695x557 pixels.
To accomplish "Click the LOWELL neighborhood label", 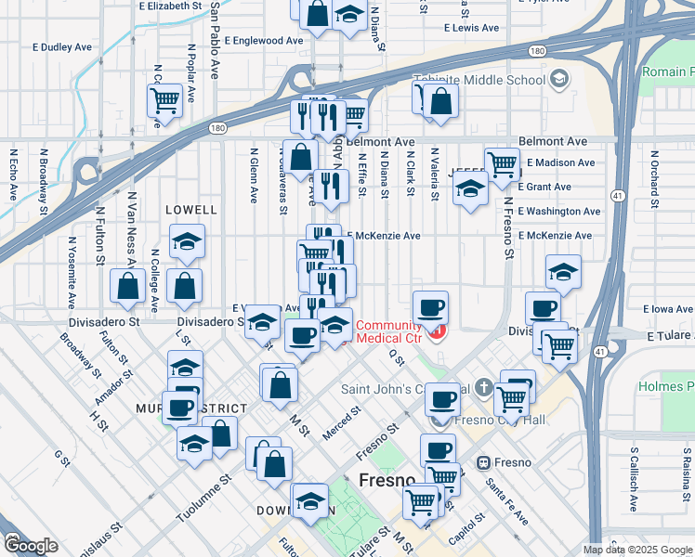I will click(x=190, y=211).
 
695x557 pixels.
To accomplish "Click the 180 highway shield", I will click(x=216, y=128).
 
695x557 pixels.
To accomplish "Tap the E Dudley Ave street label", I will click(x=62, y=45).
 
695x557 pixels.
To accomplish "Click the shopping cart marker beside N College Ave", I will click(x=164, y=99).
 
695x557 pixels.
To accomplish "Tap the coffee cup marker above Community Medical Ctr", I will click(x=430, y=306).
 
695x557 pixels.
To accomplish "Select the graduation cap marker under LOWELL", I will click(x=187, y=243).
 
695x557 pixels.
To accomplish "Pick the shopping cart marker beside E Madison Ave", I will click(x=502, y=163).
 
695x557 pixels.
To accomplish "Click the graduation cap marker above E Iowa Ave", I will click(x=563, y=272).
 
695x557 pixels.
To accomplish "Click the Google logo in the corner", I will click(x=31, y=546).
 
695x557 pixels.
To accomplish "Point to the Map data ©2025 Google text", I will click(x=637, y=550).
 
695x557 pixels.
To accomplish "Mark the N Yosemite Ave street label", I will click(x=71, y=272).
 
